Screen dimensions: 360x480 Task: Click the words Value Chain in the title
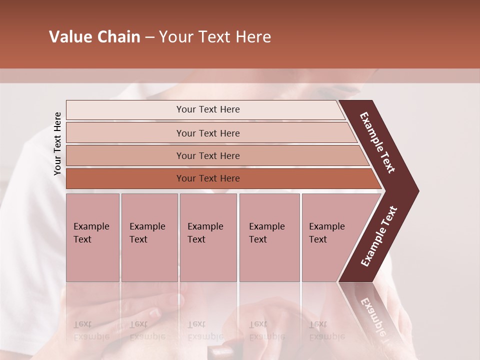click(94, 37)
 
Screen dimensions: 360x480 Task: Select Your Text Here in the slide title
click(215, 37)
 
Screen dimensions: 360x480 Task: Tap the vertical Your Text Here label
click(57, 143)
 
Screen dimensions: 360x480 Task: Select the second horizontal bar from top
click(207, 133)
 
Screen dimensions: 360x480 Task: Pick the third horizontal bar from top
click(207, 155)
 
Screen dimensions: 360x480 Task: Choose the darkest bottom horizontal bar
click(207, 178)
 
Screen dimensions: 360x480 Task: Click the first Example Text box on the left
click(92, 237)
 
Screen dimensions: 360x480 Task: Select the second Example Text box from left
click(149, 237)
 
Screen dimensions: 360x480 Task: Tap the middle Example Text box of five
click(208, 237)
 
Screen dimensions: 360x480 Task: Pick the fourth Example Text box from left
click(269, 237)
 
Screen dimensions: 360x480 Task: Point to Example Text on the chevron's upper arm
click(377, 142)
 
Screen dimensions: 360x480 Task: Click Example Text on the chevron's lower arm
click(379, 236)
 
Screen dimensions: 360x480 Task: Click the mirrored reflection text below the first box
click(91, 330)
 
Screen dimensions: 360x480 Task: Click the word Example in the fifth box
click(326, 226)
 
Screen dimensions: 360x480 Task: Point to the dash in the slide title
click(149, 37)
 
